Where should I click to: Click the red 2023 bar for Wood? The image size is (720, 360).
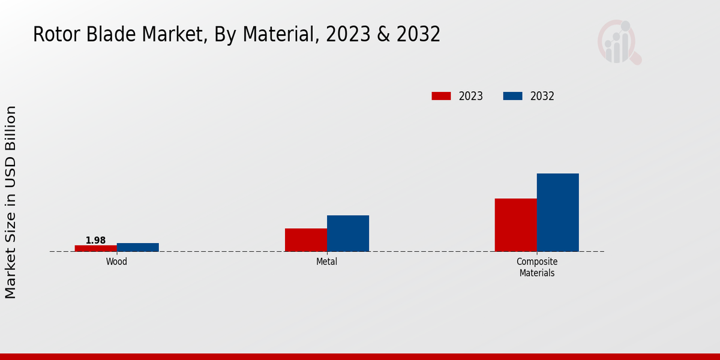click(x=96, y=248)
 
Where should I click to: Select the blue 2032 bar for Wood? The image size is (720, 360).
click(x=138, y=247)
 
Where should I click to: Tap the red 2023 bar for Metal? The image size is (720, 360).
click(x=306, y=239)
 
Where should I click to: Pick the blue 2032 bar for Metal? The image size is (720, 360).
click(x=348, y=233)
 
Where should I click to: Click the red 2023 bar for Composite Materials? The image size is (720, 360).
click(x=516, y=224)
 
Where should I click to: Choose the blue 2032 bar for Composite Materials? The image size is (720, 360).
click(x=558, y=212)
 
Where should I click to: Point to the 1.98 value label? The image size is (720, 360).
click(x=95, y=240)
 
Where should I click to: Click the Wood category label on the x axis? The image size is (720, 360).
click(x=116, y=262)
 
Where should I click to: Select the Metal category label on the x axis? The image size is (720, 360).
click(x=327, y=262)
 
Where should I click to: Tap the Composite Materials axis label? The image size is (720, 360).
click(x=537, y=267)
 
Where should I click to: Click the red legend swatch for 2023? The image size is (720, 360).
click(x=441, y=96)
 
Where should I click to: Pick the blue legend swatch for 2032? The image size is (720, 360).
click(x=512, y=96)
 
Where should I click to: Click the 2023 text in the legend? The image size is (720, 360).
click(x=471, y=96)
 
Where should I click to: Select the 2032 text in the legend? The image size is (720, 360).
click(x=542, y=96)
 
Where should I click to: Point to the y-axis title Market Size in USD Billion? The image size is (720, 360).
click(x=11, y=202)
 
